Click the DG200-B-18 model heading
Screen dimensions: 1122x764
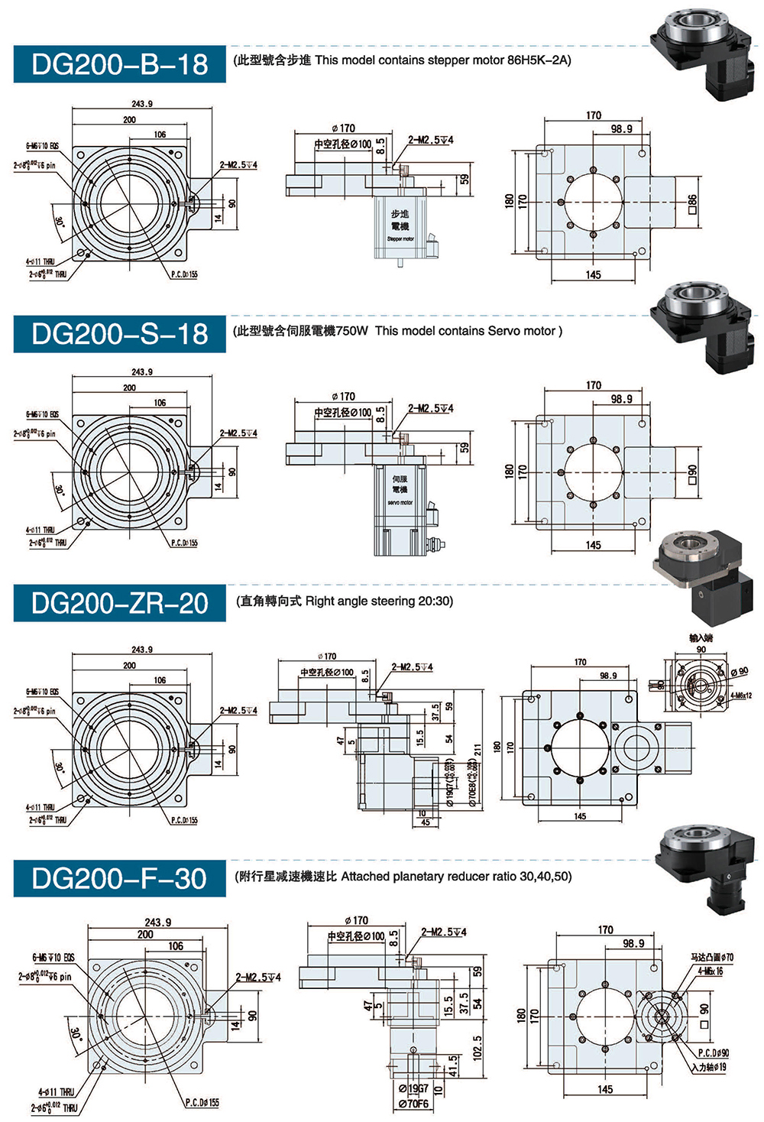tap(120, 64)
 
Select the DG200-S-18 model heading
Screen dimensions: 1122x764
tap(120, 334)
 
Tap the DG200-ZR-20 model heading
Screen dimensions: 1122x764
tap(120, 604)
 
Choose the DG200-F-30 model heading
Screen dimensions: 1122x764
tap(120, 878)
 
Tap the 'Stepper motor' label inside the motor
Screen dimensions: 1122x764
tap(400, 238)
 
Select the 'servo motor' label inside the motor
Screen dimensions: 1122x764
tap(400, 502)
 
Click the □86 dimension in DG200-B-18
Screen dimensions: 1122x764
tap(692, 203)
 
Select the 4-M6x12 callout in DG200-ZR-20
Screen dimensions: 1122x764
tap(740, 696)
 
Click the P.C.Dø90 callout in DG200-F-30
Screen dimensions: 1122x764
tap(713, 1052)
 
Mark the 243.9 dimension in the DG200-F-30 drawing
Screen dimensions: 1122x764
tap(157, 923)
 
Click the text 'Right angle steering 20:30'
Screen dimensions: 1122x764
tap(379, 602)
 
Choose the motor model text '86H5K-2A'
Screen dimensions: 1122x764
tap(538, 60)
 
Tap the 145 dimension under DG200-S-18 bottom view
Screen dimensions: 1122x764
tap(594, 545)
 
